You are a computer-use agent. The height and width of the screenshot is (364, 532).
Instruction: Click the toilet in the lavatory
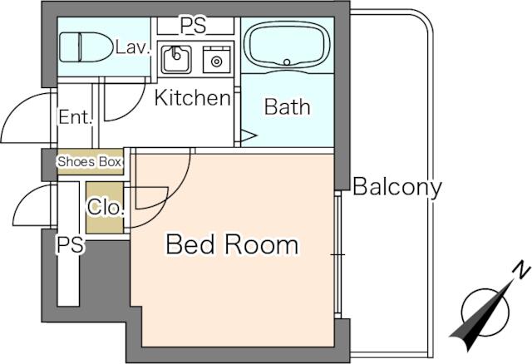click(86, 47)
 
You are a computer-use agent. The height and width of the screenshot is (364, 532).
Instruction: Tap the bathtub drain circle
click(287, 62)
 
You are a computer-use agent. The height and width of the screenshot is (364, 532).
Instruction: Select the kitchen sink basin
click(176, 59)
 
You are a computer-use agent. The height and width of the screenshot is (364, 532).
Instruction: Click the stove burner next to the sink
click(216, 61)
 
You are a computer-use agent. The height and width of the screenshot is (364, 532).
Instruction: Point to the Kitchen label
click(192, 98)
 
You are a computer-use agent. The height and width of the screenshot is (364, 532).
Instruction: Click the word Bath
click(287, 107)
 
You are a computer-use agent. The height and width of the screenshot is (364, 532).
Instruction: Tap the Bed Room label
click(232, 244)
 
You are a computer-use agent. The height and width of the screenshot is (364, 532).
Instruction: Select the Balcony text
click(397, 187)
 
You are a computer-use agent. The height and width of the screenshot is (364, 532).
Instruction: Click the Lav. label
click(133, 47)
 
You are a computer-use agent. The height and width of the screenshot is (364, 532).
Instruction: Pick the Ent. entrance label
click(76, 117)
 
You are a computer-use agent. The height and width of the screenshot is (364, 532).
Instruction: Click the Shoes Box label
click(90, 162)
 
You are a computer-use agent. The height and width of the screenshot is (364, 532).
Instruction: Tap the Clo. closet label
click(105, 207)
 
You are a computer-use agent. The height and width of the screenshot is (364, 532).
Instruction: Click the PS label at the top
click(193, 26)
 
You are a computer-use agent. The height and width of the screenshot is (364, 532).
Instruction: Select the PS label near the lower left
click(70, 244)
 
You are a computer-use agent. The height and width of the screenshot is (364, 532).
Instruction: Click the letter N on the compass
click(521, 270)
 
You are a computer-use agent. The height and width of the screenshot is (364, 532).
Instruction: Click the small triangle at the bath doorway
click(248, 135)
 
